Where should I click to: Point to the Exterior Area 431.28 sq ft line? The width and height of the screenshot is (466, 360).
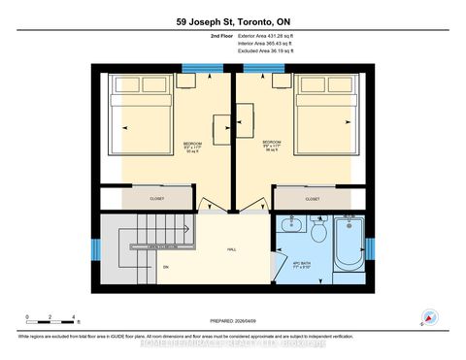click(x=265, y=34)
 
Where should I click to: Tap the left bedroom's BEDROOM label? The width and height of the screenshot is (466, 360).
click(x=193, y=145)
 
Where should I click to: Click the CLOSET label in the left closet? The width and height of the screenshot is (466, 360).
click(x=156, y=199)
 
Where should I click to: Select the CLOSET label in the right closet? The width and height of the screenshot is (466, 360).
click(x=313, y=199)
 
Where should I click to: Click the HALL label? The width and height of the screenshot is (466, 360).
click(x=232, y=249)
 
